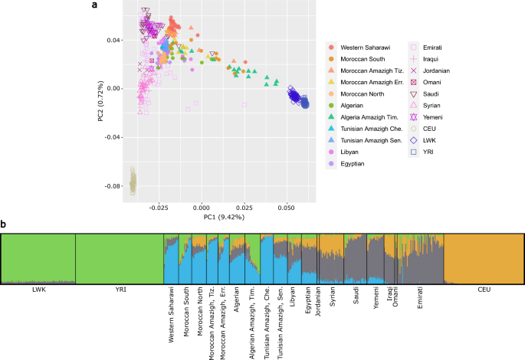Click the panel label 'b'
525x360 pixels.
tap(5, 224)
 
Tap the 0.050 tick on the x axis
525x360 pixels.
tap(286, 207)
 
